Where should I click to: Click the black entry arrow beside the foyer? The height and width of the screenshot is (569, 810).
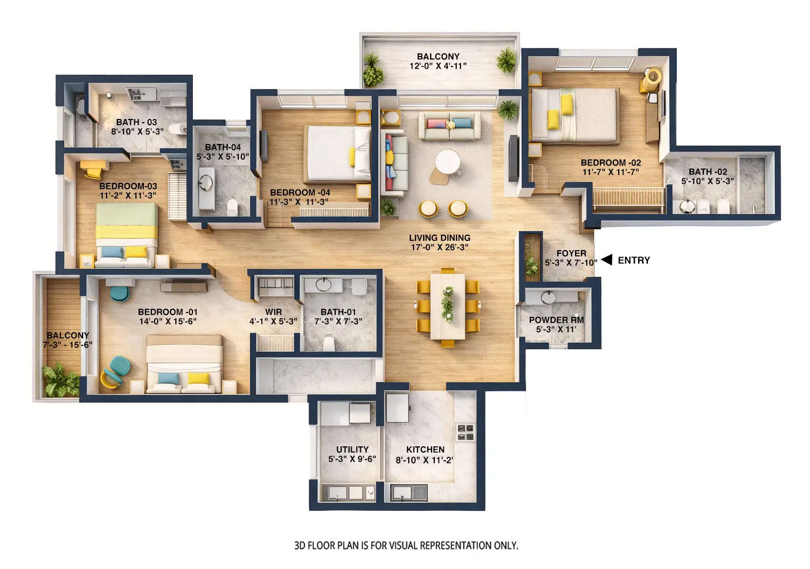(x=606, y=260)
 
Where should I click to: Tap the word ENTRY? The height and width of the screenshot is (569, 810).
(x=634, y=260)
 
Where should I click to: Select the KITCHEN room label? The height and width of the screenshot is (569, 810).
(x=425, y=450)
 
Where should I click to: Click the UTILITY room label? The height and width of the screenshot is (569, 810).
(x=352, y=450)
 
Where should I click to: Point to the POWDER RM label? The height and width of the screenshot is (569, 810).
(x=556, y=320)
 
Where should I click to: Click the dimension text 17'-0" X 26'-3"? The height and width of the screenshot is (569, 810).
(x=440, y=247)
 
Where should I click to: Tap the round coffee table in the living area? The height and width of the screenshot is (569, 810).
(x=447, y=161)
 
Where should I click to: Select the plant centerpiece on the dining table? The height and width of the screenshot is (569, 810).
(x=448, y=304)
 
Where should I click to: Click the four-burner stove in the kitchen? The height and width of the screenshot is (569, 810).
(x=465, y=432)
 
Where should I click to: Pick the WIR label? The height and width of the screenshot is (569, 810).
(x=273, y=312)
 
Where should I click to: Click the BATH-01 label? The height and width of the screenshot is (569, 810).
(x=338, y=312)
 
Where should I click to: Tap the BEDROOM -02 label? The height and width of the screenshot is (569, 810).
(x=611, y=163)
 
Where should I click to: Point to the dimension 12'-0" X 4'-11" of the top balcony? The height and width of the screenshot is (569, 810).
(x=438, y=66)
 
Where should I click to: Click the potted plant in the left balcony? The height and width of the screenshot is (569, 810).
(x=60, y=380)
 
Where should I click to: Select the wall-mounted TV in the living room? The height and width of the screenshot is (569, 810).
(x=513, y=158)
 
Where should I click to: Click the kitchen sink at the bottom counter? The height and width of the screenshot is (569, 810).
(x=409, y=492)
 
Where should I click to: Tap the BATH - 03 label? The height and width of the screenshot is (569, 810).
(x=136, y=122)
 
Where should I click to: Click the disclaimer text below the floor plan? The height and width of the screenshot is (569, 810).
(x=406, y=546)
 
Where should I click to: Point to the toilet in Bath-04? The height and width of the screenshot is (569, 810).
(x=233, y=207)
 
